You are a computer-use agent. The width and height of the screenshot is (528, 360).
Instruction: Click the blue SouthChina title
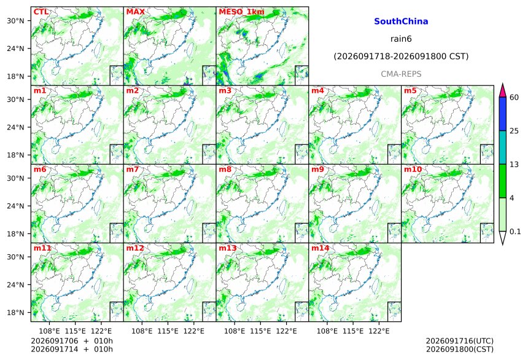pyautogui.click(x=401, y=22)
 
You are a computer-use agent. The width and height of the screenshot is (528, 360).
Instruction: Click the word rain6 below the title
pyautogui.click(x=401, y=39)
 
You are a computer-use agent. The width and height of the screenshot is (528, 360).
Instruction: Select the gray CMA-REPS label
pyautogui.click(x=401, y=74)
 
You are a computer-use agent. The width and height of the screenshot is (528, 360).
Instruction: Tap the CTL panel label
pyautogui.click(x=41, y=12)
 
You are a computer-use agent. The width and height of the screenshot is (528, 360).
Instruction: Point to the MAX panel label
pyautogui.click(x=135, y=12)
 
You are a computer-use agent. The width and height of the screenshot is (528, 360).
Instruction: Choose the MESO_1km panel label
pyautogui.click(x=241, y=12)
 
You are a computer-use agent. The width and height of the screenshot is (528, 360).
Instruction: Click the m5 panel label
pyautogui.click(x=410, y=91)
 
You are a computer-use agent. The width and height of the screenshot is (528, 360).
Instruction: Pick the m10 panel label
pyautogui.click(x=413, y=169)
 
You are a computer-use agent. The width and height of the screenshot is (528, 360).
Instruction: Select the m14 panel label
pyautogui.click(x=320, y=248)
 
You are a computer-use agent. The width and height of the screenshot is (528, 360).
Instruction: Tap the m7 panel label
pyautogui.click(x=133, y=169)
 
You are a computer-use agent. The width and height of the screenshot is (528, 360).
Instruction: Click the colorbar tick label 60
pyautogui.click(x=514, y=98)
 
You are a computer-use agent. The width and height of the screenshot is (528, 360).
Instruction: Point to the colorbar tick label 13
pyautogui.click(x=514, y=164)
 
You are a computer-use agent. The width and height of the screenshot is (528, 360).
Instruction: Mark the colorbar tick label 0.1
pyautogui.click(x=515, y=232)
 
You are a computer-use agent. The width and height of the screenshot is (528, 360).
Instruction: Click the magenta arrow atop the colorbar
pyautogui.click(x=503, y=91)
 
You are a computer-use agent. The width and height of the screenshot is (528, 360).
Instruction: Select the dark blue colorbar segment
pyautogui.click(x=503, y=114)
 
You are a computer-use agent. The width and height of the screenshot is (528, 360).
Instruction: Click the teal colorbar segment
pyautogui.click(x=503, y=147)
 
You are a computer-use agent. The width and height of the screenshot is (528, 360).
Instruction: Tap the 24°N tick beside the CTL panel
pyautogui.click(x=16, y=49)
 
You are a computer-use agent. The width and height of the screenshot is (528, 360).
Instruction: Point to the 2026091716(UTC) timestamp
pyautogui.click(x=460, y=341)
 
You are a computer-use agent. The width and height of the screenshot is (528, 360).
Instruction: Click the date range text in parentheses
pyautogui.click(x=401, y=57)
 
